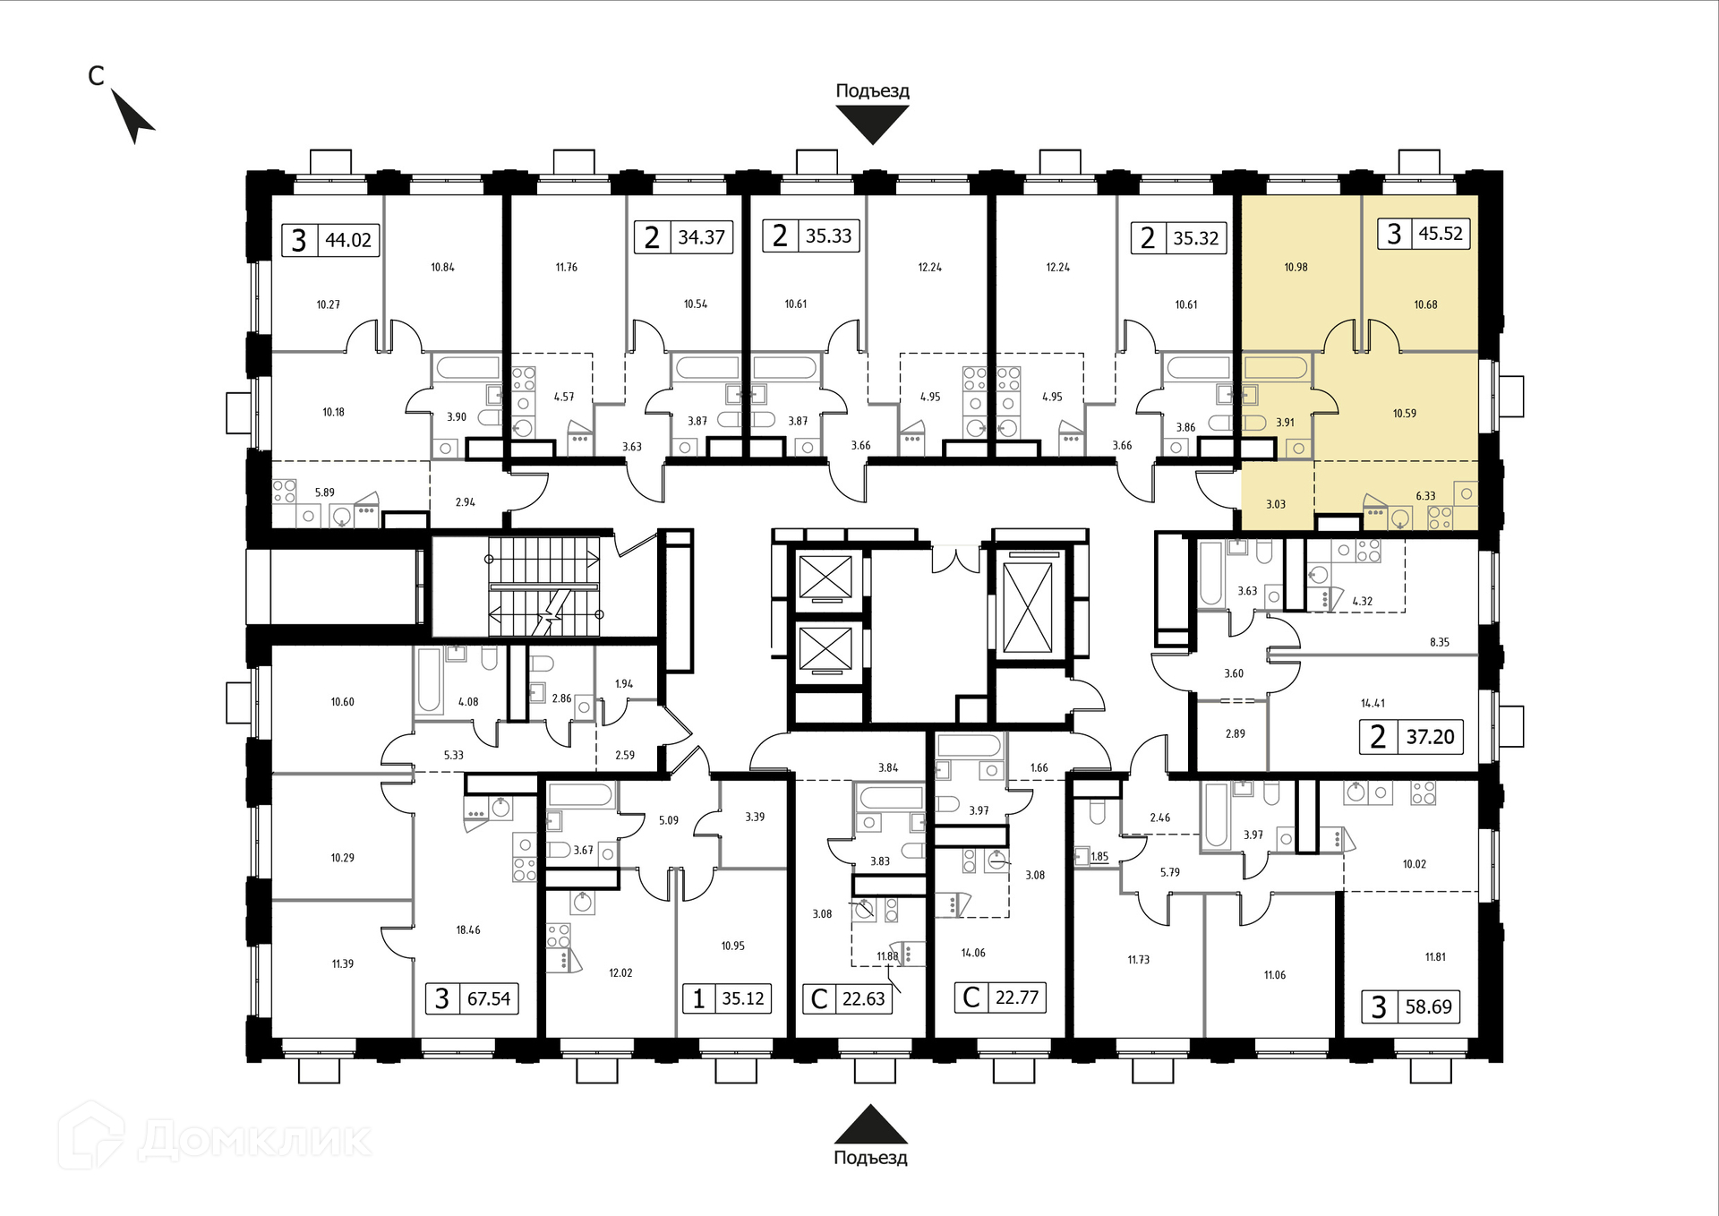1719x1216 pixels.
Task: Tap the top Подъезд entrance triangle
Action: click(x=872, y=124)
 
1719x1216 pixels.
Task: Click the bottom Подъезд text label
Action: click(x=870, y=1158)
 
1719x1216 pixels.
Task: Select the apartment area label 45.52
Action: click(x=1441, y=234)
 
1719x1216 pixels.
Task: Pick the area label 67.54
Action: click(x=489, y=998)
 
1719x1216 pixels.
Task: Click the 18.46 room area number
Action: click(x=468, y=930)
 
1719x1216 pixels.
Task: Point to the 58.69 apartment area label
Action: click(x=1429, y=1006)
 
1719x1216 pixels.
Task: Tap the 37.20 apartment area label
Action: click(x=1430, y=737)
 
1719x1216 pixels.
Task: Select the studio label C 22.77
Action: click(x=1001, y=997)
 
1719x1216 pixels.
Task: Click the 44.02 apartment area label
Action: click(x=348, y=240)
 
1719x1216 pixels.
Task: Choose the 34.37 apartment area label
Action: click(x=701, y=237)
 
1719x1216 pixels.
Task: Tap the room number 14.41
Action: click(x=1373, y=704)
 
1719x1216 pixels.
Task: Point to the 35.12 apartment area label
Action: click(x=743, y=998)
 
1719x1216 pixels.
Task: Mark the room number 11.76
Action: click(x=567, y=267)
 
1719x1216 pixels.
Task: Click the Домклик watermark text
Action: click(x=255, y=1140)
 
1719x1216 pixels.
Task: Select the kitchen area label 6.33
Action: click(x=1425, y=496)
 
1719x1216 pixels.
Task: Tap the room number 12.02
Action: click(x=620, y=973)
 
